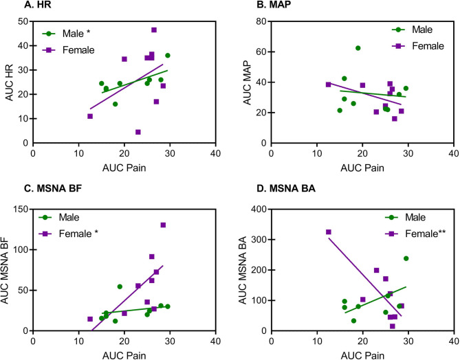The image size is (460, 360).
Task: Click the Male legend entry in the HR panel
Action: coord(72,33)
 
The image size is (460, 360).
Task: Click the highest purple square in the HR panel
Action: coord(153,30)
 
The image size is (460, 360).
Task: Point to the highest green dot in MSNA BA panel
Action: coord(406,258)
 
